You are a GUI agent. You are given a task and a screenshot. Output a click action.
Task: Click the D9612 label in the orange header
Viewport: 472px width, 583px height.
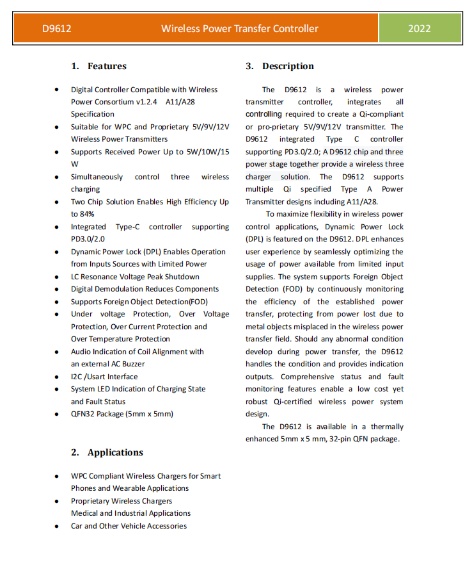pyautogui.click(x=56, y=28)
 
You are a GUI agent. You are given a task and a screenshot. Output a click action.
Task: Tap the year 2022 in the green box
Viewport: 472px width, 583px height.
pyautogui.click(x=419, y=28)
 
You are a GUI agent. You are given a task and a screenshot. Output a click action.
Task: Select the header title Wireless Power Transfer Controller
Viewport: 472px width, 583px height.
pyautogui.click(x=239, y=28)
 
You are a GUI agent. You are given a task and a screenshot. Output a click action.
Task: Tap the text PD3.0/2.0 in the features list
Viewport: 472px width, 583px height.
pyautogui.click(x=88, y=239)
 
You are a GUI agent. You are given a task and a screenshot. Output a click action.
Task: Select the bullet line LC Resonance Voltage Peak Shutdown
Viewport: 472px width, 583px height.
pyautogui.click(x=135, y=277)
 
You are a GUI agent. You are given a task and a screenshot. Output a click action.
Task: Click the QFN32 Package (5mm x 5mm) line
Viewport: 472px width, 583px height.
pyautogui.click(x=122, y=414)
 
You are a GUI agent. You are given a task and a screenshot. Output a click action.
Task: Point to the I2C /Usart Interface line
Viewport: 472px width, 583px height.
pyautogui.click(x=104, y=377)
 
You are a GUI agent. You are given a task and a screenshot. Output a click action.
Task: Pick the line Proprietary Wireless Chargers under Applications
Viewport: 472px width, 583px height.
pyautogui.click(x=122, y=501)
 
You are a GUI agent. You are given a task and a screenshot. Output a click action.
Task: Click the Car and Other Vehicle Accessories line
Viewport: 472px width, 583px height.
pyautogui.click(x=129, y=526)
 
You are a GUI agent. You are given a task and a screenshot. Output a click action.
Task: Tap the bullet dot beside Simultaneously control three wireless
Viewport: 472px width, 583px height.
pyautogui.click(x=57, y=177)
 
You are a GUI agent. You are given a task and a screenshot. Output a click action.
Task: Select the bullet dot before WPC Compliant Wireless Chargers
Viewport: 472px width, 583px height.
pyautogui.click(x=57, y=476)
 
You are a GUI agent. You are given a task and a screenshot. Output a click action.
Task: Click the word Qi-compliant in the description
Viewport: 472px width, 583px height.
pyautogui.click(x=381, y=114)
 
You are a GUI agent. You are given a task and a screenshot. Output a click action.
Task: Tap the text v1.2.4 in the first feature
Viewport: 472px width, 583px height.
pyautogui.click(x=147, y=102)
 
